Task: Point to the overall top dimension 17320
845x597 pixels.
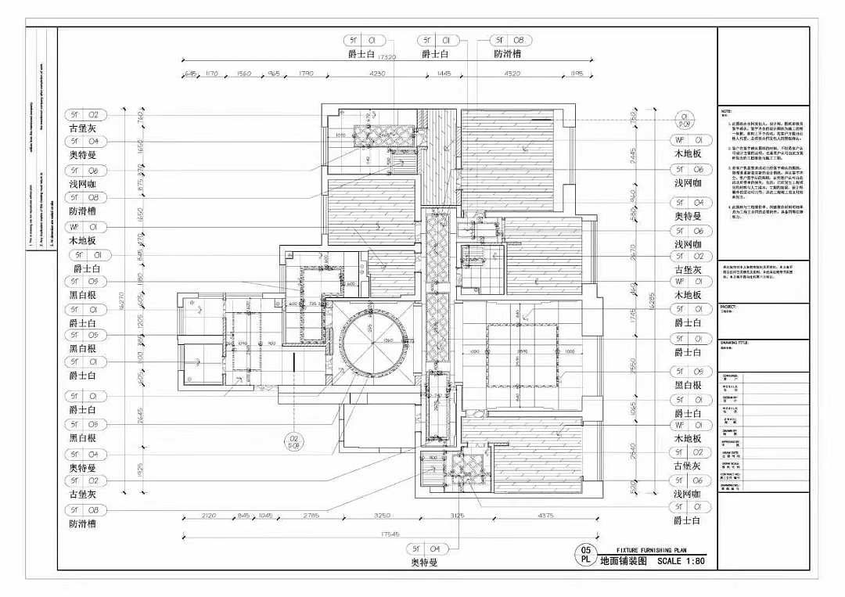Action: pyautogui.click(x=386, y=57)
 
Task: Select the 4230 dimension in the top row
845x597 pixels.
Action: pyautogui.click(x=377, y=74)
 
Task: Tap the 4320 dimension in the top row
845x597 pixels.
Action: pyautogui.click(x=512, y=74)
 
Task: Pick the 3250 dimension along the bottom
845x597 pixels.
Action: pyautogui.click(x=382, y=516)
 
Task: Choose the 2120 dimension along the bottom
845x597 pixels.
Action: pyautogui.click(x=209, y=516)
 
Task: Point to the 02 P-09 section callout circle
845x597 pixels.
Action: pyautogui.click(x=293, y=442)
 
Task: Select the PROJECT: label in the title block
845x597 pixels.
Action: pyautogui.click(x=730, y=307)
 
